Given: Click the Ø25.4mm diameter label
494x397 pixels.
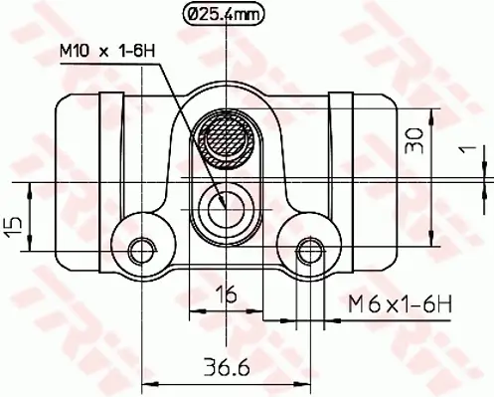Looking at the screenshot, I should tap(225, 15).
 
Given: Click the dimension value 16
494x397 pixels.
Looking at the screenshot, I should tap(229, 294).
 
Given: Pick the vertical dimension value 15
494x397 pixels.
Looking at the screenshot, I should tap(13, 226).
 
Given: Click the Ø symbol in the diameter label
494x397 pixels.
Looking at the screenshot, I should tap(196, 15).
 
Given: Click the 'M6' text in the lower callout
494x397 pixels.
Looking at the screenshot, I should tap(360, 301).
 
